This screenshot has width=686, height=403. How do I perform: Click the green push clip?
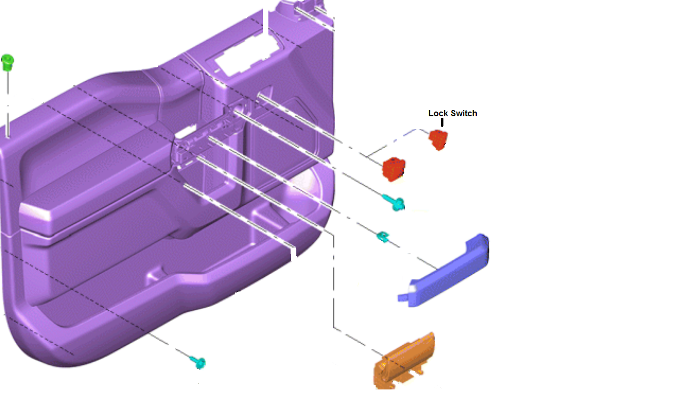(x=7, y=63)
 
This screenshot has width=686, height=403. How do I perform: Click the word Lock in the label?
(x=438, y=114)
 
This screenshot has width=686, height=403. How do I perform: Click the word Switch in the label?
(x=464, y=114)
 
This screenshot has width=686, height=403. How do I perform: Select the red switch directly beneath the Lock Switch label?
(x=438, y=140)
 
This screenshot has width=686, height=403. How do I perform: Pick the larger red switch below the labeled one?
(x=394, y=169)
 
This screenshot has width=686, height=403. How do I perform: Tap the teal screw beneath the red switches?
(x=394, y=202)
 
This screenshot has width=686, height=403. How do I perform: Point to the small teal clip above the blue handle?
(x=383, y=237)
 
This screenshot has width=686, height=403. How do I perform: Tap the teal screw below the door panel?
(x=198, y=362)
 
